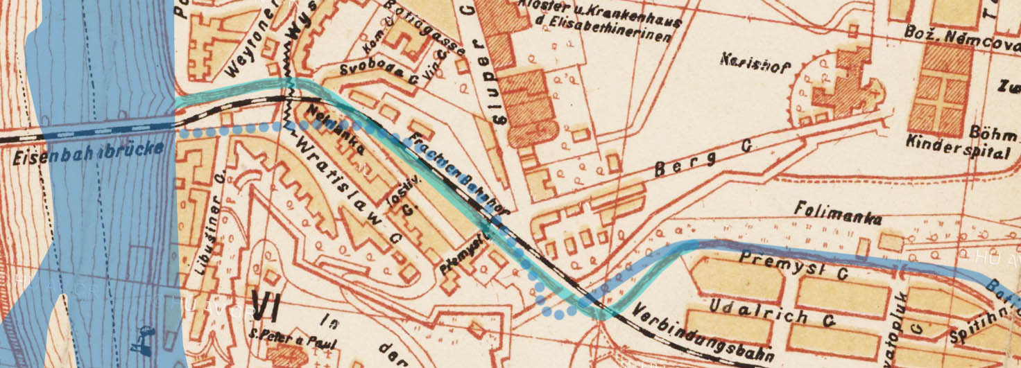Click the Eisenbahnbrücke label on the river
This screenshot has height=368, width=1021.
pyautogui.click(x=88, y=153)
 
